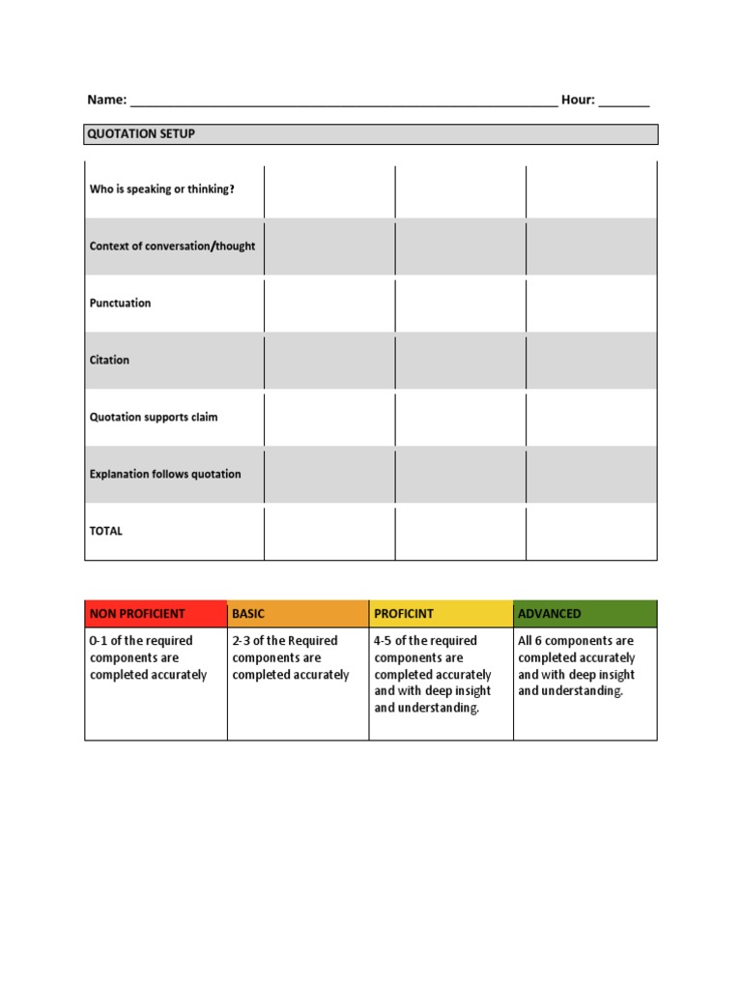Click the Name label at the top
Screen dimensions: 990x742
pyautogui.click(x=106, y=100)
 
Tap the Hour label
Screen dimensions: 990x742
pyautogui.click(x=578, y=100)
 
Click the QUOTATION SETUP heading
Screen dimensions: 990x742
pyautogui.click(x=141, y=133)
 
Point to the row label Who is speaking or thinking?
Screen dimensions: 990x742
pyautogui.click(x=161, y=189)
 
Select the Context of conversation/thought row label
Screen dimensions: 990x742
pyautogui.click(x=172, y=247)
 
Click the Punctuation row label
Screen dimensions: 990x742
pyautogui.click(x=120, y=304)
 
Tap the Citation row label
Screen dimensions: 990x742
pyautogui.click(x=109, y=360)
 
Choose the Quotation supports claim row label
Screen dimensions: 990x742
pyautogui.click(x=154, y=418)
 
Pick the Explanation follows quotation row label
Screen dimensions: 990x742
pyautogui.click(x=165, y=475)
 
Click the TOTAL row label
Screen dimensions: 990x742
pyautogui.click(x=106, y=531)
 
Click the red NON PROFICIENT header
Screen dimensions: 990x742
pyautogui.click(x=137, y=614)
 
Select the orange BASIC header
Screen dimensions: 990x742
pyautogui.click(x=248, y=614)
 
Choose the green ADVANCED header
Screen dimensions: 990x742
pyautogui.click(x=550, y=614)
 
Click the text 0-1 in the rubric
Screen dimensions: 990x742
pyautogui.click(x=100, y=641)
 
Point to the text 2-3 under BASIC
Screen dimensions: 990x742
pyautogui.click(x=243, y=641)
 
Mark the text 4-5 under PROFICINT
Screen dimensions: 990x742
pyautogui.click(x=385, y=641)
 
